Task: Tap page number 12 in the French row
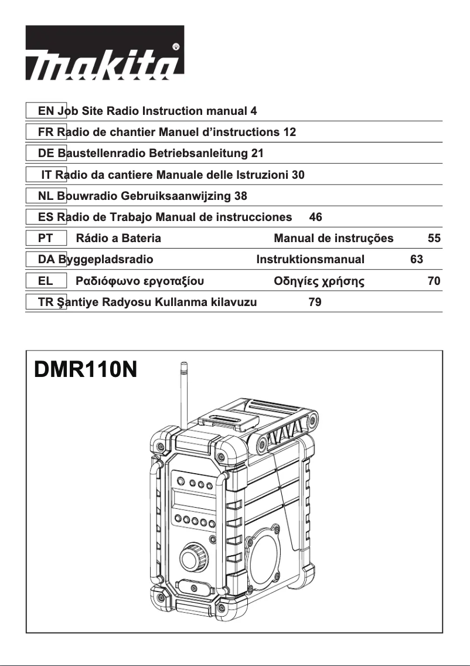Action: [x=289, y=132]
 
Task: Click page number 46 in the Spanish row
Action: [x=315, y=217]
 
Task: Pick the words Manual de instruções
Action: [x=333, y=239]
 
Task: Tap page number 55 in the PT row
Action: [x=434, y=239]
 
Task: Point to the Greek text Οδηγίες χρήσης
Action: [x=319, y=281]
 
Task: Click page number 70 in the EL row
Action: [x=434, y=281]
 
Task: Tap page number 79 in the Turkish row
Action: [x=315, y=303]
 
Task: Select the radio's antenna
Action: [x=183, y=393]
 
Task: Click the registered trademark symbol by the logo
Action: [x=176, y=46]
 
